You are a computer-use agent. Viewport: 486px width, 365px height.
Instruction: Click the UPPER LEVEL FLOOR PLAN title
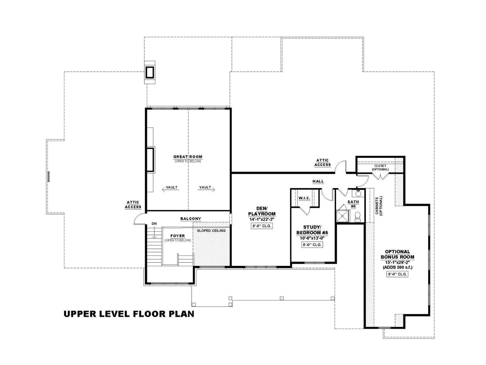click(129, 314)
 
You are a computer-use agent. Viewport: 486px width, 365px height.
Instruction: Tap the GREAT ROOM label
click(188, 157)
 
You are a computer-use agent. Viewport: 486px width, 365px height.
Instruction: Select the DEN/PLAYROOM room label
click(262, 211)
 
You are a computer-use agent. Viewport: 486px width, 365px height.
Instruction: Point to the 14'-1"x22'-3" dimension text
click(262, 219)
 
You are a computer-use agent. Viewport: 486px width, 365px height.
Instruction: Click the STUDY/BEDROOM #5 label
click(312, 230)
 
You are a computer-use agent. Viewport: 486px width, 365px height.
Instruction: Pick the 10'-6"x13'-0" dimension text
click(312, 238)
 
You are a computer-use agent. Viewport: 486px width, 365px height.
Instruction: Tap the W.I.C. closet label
click(304, 198)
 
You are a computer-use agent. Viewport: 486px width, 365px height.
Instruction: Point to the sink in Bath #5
click(358, 193)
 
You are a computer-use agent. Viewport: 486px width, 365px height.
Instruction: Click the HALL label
click(318, 181)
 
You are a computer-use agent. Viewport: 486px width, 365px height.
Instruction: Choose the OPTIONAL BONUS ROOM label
click(397, 254)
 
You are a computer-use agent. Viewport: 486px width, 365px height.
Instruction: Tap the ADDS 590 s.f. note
click(398, 267)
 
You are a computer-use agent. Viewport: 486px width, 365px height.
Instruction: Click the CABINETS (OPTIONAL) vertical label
click(379, 206)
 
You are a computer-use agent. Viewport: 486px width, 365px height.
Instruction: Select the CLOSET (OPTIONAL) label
click(380, 168)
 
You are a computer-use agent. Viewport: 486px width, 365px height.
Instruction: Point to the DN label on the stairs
click(154, 224)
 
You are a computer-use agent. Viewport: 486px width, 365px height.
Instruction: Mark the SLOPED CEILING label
click(211, 231)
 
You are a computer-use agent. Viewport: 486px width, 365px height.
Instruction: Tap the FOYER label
click(178, 236)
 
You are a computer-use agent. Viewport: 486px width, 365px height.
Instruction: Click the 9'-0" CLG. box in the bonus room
click(397, 274)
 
